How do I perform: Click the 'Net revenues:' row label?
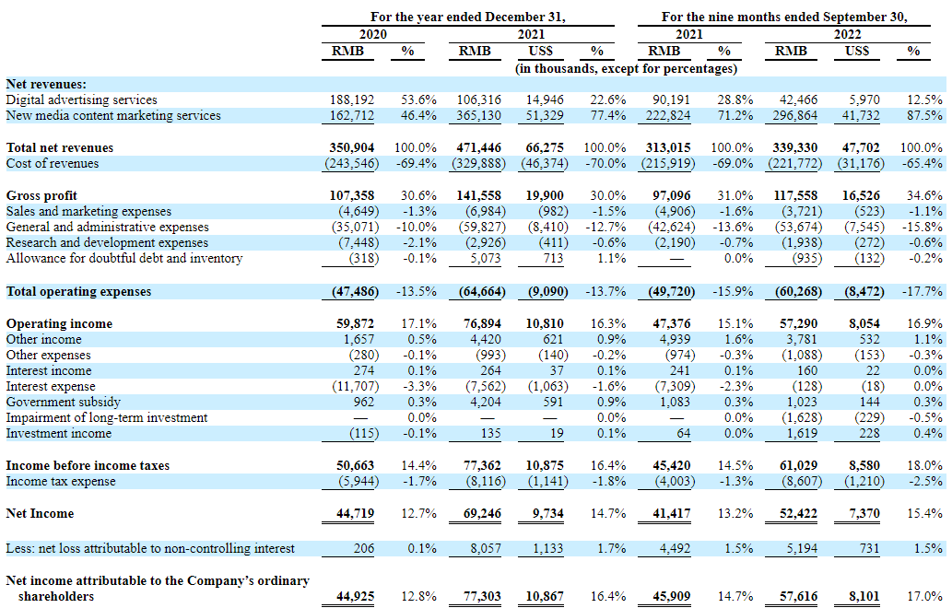pos(46,84)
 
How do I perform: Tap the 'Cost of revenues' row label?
pos(53,163)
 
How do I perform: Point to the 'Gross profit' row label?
pos(41,195)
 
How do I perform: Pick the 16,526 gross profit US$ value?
pos(861,195)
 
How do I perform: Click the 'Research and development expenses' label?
pos(107,242)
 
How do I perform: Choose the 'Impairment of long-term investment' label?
pos(106,417)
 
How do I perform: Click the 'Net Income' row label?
pos(40,513)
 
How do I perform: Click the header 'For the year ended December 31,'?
pos(467,17)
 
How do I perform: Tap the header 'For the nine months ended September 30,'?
pos(784,17)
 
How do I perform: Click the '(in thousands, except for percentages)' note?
pos(626,68)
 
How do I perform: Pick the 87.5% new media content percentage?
pos(924,115)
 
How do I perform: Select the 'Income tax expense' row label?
pos(61,481)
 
